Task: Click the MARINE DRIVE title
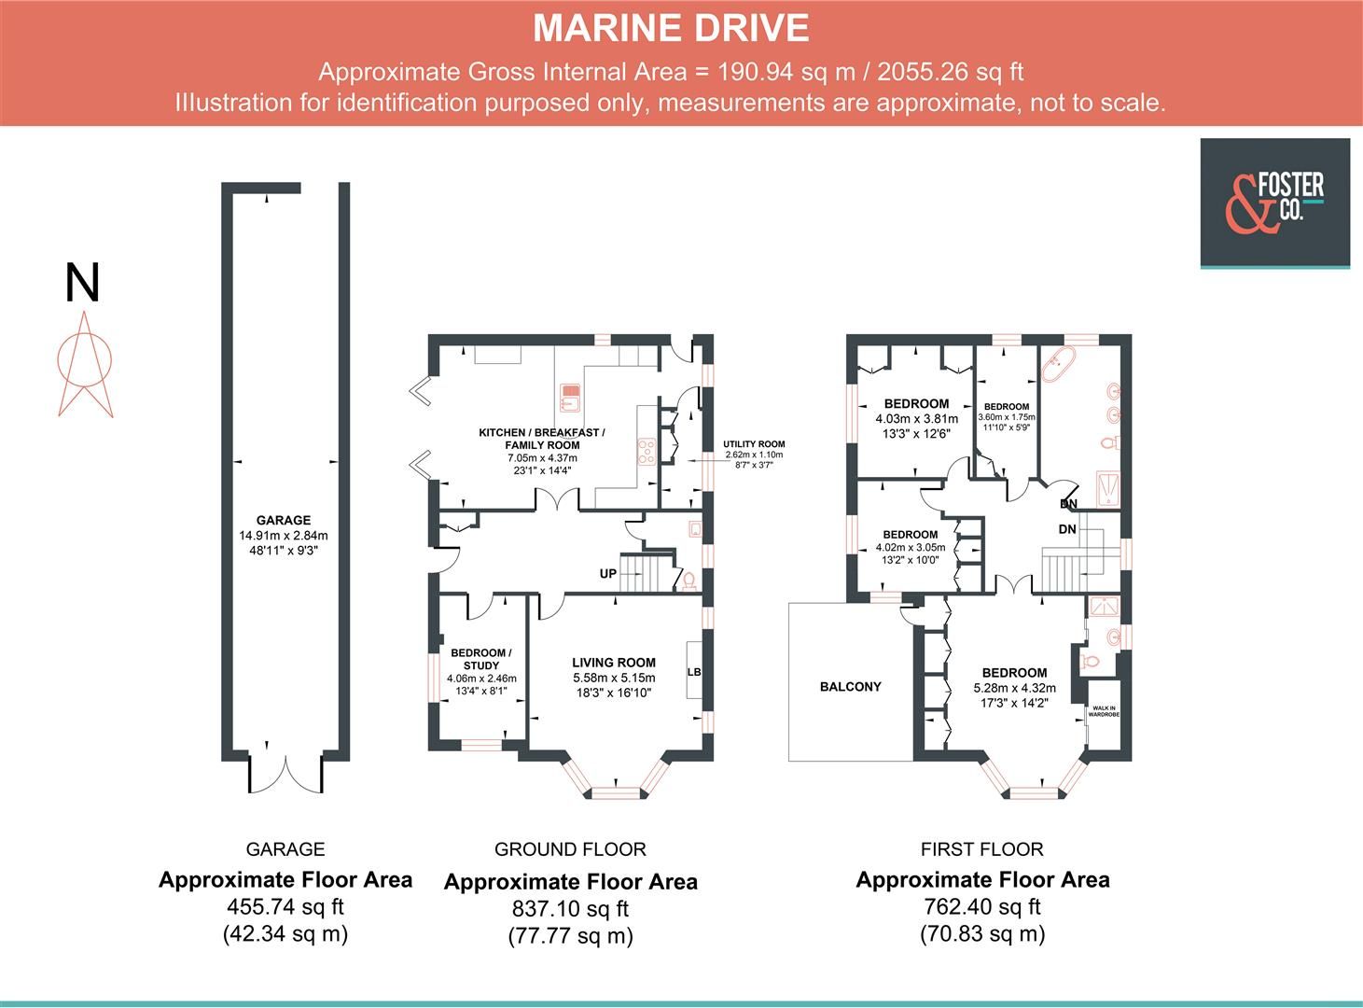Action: click(671, 29)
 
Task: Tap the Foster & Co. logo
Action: click(1273, 202)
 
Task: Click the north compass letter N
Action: click(82, 284)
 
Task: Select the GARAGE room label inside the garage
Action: click(284, 521)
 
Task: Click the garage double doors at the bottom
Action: click(285, 769)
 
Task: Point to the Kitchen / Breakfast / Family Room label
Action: click(542, 439)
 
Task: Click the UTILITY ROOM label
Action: click(754, 444)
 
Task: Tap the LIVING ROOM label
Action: click(614, 663)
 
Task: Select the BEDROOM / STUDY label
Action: click(481, 659)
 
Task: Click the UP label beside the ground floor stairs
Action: click(607, 574)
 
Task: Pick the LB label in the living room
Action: click(693, 672)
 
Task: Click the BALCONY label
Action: click(850, 687)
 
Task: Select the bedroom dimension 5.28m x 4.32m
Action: click(1014, 688)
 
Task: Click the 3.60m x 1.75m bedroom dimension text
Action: click(1007, 418)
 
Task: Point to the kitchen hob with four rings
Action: click(646, 452)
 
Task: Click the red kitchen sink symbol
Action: click(570, 398)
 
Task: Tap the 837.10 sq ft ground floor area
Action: click(570, 908)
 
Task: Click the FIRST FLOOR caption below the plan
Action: click(981, 849)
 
